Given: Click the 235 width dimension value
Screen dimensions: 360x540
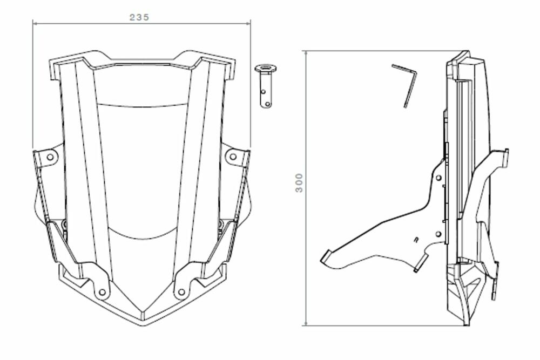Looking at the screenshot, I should point(139,17).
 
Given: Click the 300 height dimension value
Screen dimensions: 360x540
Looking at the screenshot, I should point(299,183).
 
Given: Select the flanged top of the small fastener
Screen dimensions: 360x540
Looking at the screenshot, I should point(266,69).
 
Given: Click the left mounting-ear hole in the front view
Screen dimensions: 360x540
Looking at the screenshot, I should point(50,157).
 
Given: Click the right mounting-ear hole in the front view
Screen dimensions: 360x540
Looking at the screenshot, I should point(233,157).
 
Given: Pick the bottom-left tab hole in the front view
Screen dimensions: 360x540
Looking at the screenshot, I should point(102,292).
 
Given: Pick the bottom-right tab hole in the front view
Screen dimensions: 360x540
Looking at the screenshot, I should point(181,292).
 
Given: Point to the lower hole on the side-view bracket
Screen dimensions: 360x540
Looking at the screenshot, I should point(438,234).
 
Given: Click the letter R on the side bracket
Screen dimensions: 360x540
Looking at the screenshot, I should point(415,239).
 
